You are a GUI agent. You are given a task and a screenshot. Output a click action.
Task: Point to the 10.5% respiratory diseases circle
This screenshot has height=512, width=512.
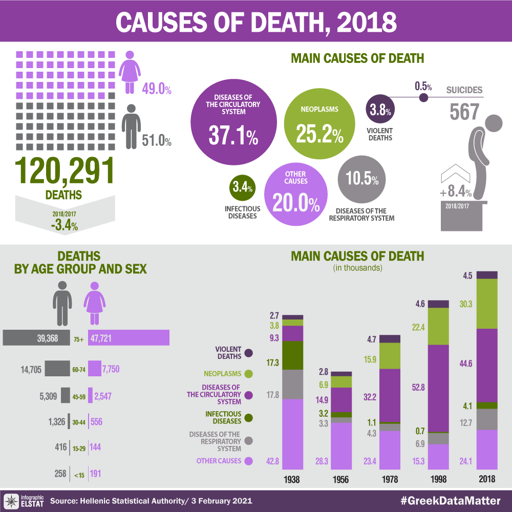[x=362, y=180]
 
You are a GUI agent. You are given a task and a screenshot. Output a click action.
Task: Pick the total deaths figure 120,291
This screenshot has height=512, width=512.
[x=64, y=170]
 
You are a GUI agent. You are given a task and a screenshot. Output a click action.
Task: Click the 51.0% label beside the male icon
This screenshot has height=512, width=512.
[x=156, y=140]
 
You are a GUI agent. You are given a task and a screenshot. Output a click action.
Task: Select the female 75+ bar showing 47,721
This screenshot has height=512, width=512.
[x=129, y=337]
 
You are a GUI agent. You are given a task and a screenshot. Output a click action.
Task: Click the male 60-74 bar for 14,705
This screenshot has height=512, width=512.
[x=57, y=369]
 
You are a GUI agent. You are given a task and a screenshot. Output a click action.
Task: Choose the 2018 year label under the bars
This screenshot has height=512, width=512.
[x=486, y=480]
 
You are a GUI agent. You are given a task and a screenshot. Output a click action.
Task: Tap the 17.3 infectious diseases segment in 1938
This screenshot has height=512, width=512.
[x=293, y=355]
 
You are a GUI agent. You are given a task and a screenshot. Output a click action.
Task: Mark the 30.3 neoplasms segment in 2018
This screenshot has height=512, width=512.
[x=486, y=304]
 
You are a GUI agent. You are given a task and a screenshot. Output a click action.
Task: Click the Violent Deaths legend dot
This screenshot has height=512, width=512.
[x=249, y=353]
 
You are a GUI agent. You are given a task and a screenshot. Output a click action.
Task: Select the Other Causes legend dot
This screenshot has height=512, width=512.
[x=249, y=461]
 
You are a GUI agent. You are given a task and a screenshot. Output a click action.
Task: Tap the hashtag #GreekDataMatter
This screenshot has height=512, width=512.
[x=452, y=500]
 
